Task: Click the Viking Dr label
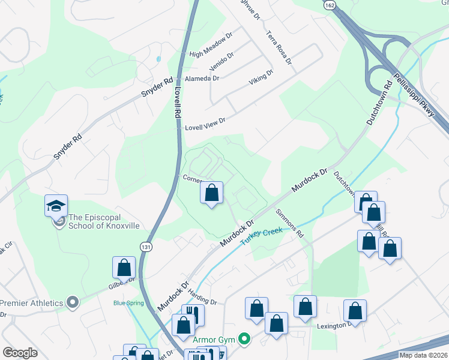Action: coord(261,77)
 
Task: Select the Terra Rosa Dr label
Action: coord(279,47)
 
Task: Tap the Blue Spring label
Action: coord(128,303)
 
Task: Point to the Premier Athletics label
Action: coord(32,302)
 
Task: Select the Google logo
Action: coord(20,353)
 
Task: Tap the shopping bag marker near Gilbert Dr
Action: coord(124,268)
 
